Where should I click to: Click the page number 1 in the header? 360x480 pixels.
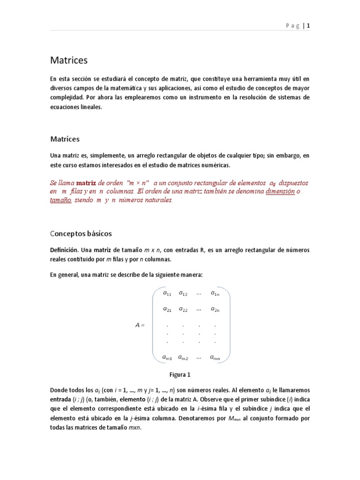pyautogui.click(x=308, y=26)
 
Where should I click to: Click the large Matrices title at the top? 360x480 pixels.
pyautogui.click(x=69, y=60)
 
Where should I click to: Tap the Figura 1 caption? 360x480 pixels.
pyautogui.click(x=180, y=375)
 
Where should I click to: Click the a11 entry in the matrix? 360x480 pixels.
pyautogui.click(x=167, y=294)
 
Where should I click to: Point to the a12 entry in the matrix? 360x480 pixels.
pyautogui.click(x=183, y=294)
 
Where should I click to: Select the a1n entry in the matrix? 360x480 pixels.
pyautogui.click(x=214, y=294)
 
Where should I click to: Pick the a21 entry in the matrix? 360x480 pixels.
pyautogui.click(x=167, y=309)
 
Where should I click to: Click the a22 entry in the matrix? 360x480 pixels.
pyautogui.click(x=183, y=309)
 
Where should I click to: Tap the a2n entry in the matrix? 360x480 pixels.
pyautogui.click(x=215, y=309)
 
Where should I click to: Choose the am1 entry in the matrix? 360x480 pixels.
pyautogui.click(x=167, y=358)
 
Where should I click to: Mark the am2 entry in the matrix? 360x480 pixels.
pyautogui.click(x=183, y=358)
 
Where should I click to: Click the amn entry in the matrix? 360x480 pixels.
pyautogui.click(x=215, y=358)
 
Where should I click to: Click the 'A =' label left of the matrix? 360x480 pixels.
pyautogui.click(x=140, y=325)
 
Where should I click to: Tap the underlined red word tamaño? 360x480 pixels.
pyautogui.click(x=61, y=200)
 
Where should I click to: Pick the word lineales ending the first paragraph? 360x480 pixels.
pyautogui.click(x=90, y=107)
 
